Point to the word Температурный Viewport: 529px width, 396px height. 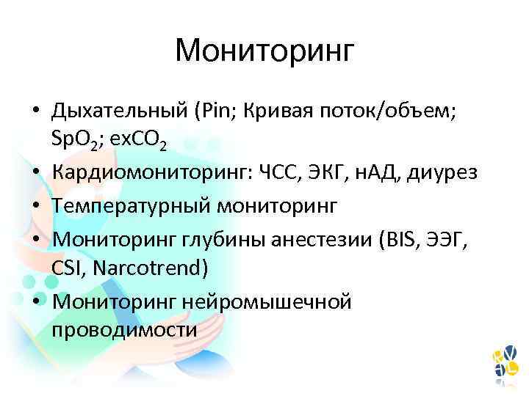133,205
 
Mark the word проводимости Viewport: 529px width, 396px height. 124,330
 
